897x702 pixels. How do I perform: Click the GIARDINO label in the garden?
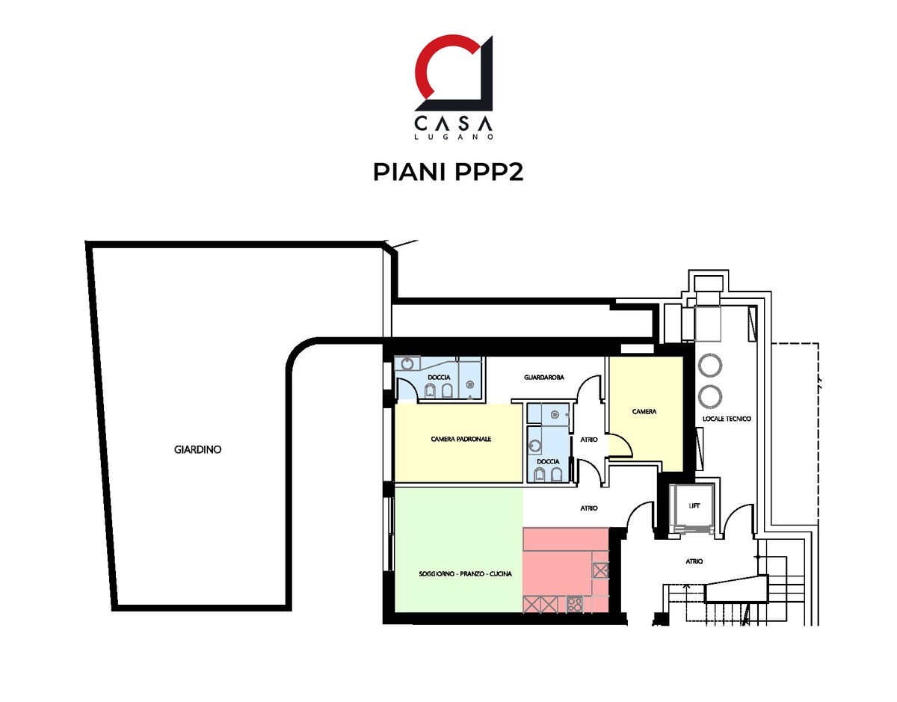pos(197,449)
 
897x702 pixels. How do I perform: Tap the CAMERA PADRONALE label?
pos(460,439)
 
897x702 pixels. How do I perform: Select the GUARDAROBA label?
pos(543,378)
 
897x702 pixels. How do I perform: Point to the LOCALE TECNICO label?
pos(727,419)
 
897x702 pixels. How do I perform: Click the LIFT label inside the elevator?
pos(694,505)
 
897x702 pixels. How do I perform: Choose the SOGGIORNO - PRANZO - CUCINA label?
pos(465,573)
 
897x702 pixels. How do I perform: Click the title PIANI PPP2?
pos(448,172)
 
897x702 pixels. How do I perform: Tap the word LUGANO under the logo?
pos(453,137)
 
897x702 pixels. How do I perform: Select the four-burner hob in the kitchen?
pos(574,605)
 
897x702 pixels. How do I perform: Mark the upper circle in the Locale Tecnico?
pos(709,366)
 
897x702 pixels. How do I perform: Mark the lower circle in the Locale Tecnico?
pos(709,396)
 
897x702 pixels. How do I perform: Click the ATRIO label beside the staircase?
pos(694,561)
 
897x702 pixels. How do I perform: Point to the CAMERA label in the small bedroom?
pos(644,411)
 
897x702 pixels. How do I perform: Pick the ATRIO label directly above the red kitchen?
pos(588,508)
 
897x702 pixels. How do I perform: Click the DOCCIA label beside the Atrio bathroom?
pos(548,461)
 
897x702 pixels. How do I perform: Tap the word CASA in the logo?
pos(453,123)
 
